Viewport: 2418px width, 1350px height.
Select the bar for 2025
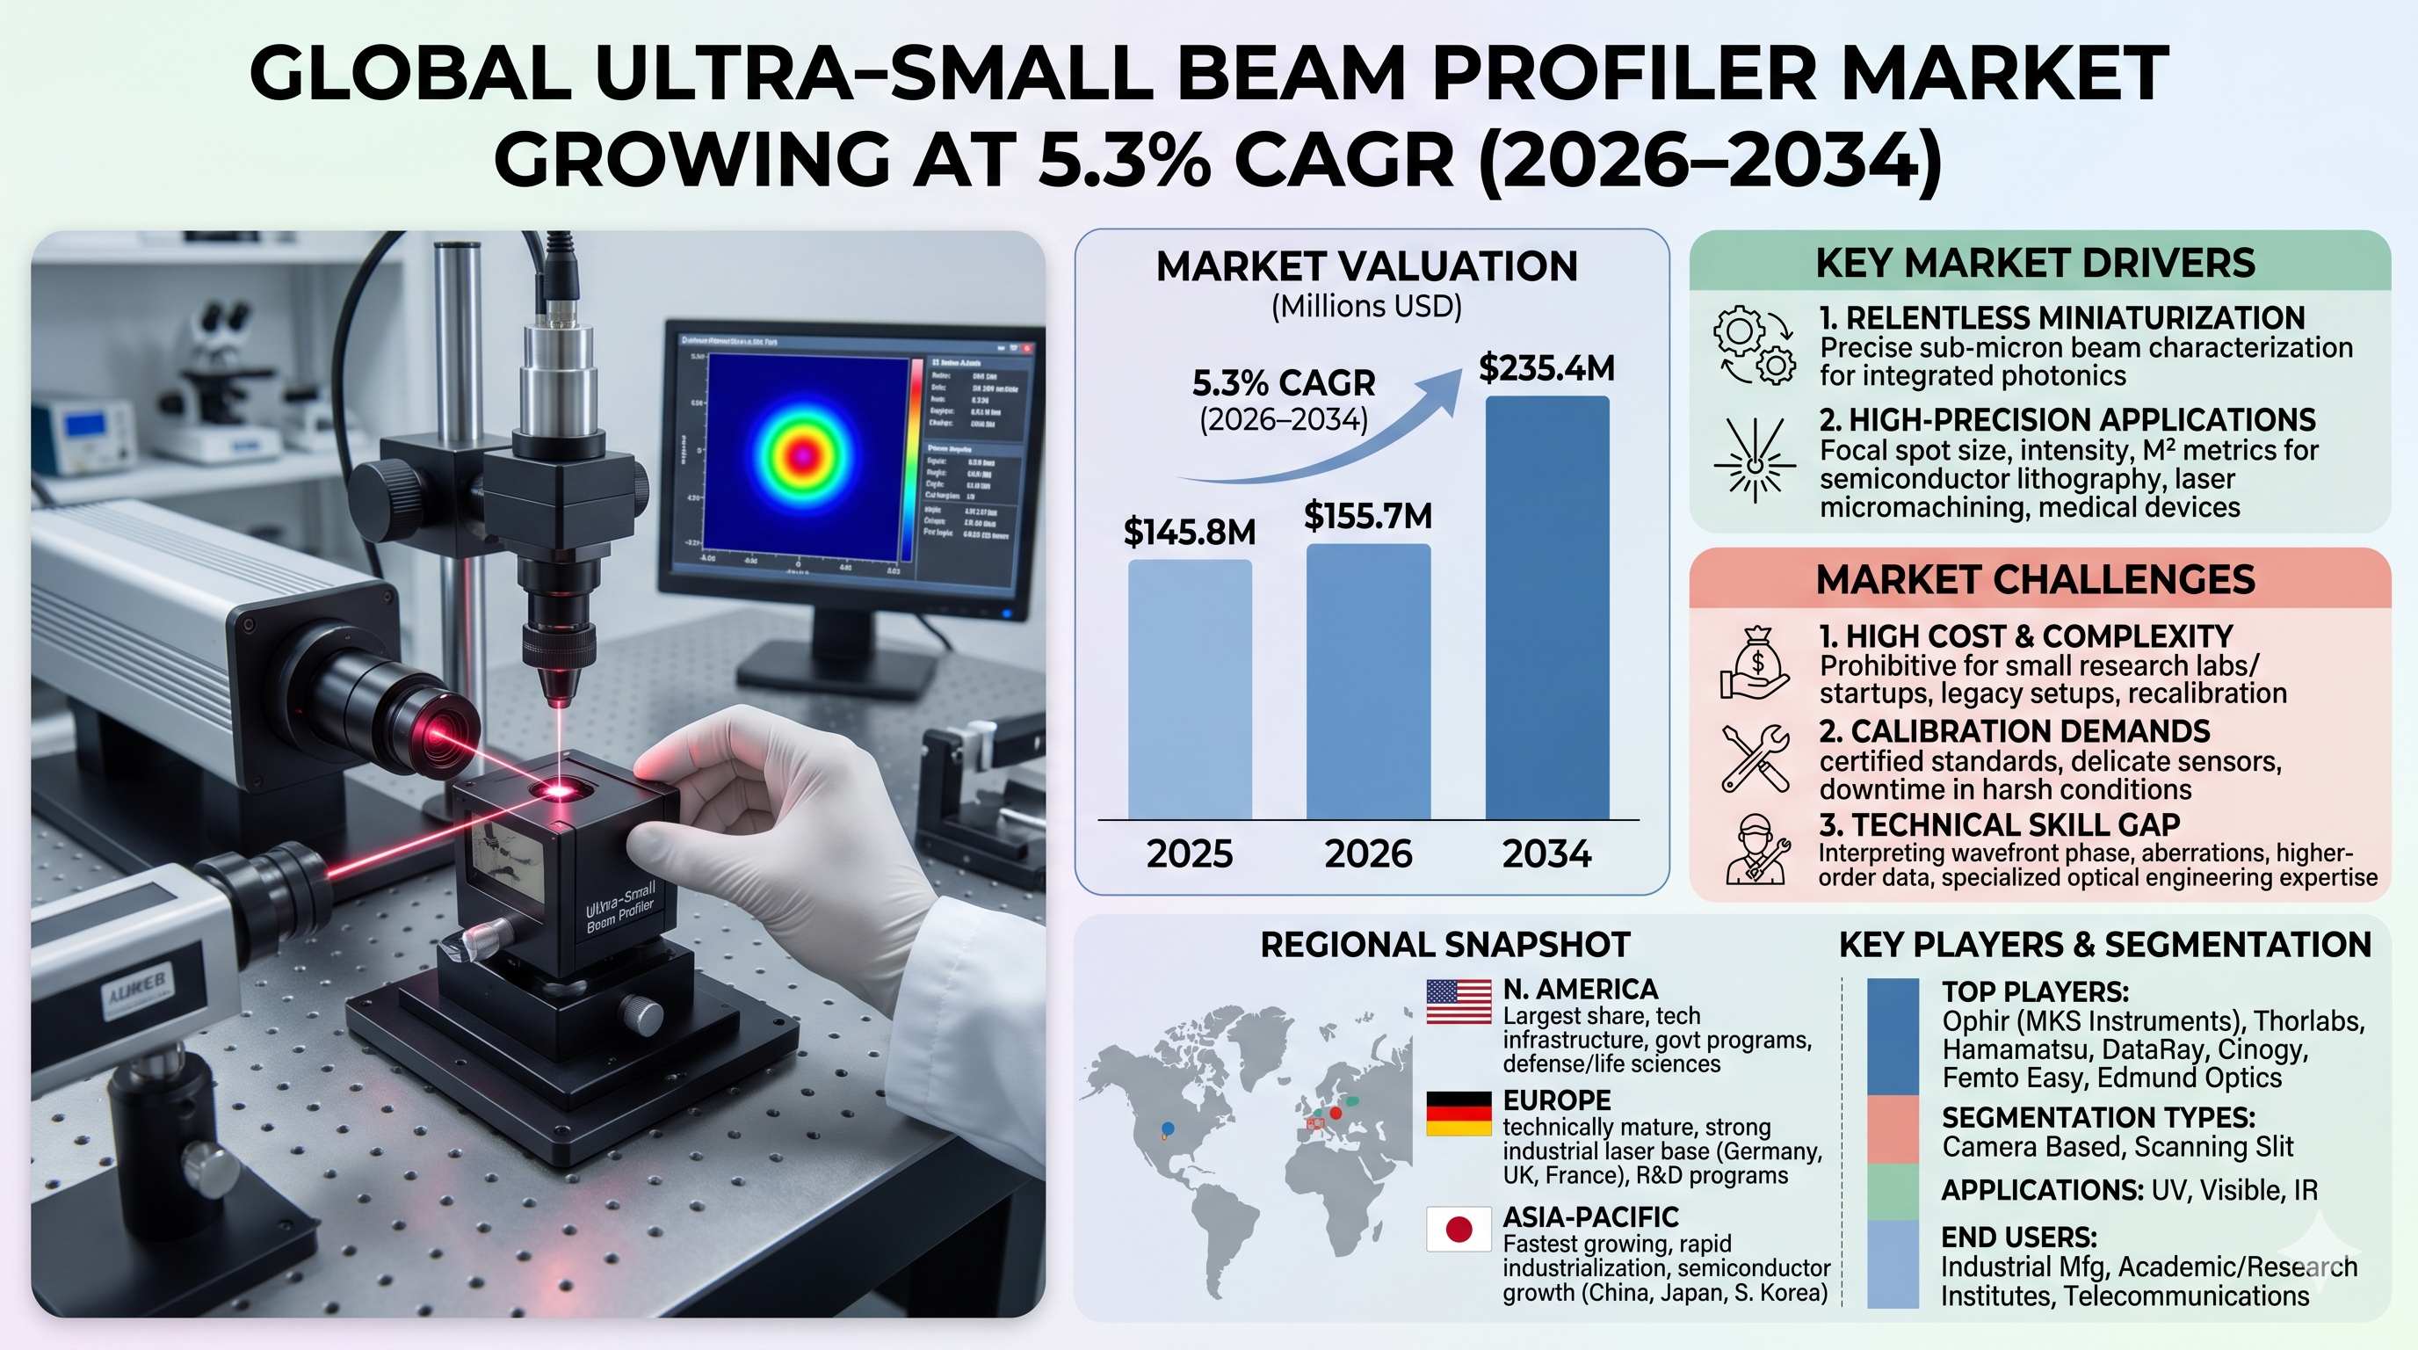[1190, 689]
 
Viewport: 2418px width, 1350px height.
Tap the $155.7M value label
[1368, 515]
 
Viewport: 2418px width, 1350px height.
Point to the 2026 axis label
[1368, 853]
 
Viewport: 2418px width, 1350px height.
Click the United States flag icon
[1458, 1001]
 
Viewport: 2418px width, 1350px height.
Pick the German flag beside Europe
[1458, 1114]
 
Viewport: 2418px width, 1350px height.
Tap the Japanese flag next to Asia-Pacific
[1458, 1229]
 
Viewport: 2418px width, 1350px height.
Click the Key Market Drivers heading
[2035, 263]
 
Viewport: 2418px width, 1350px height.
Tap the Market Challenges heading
[2035, 579]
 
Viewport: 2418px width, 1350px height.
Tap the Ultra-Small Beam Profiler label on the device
[619, 907]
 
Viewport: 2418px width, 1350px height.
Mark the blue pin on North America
[1167, 1129]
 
